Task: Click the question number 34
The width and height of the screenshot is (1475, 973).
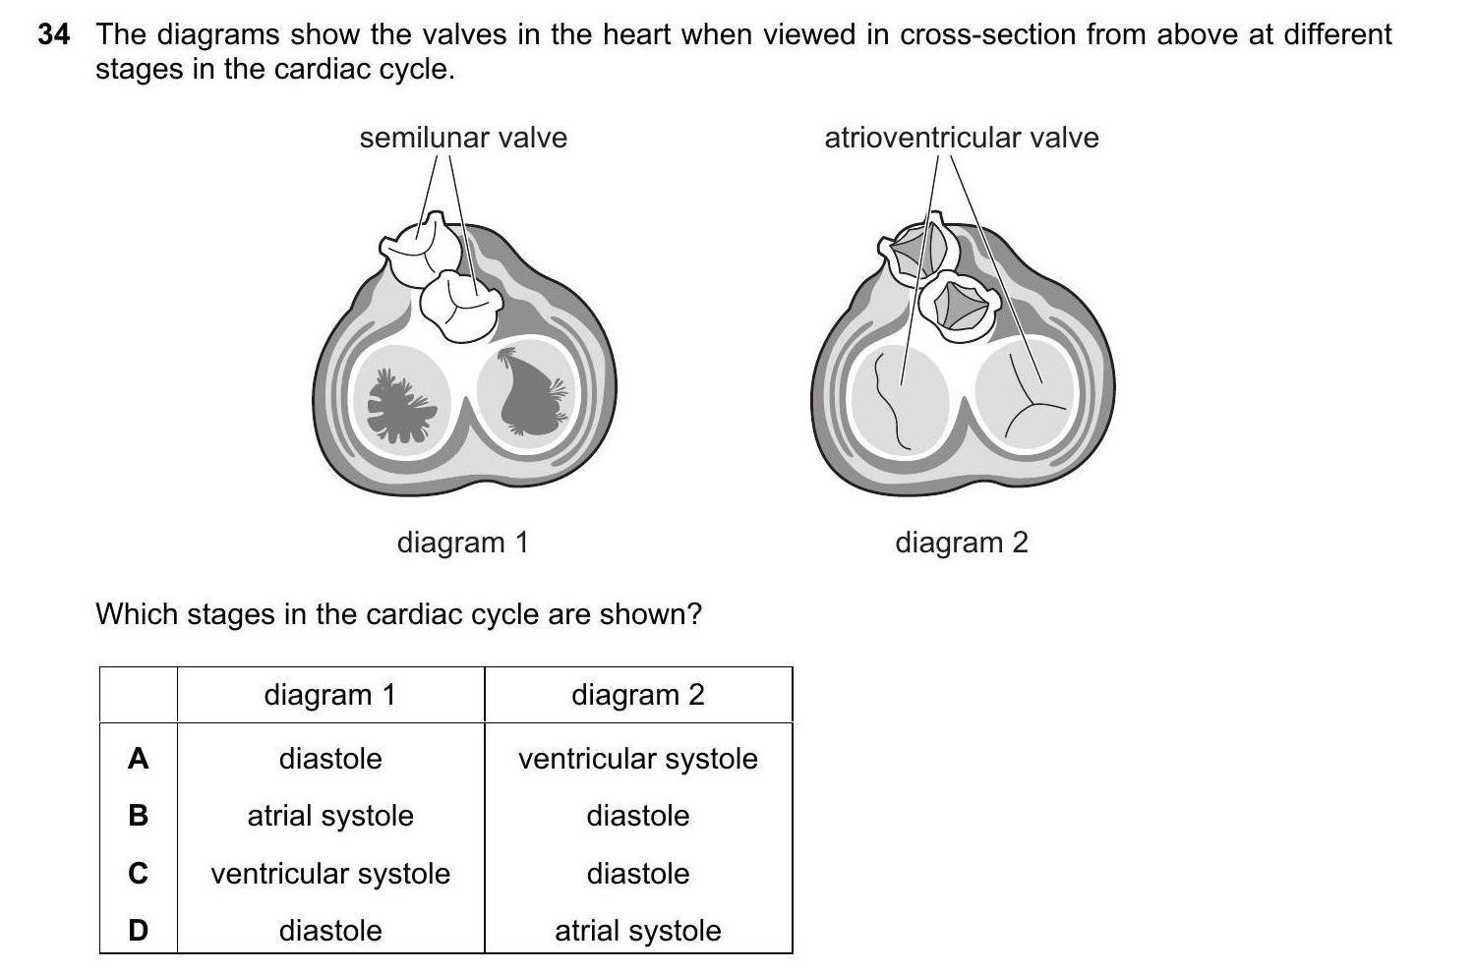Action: (x=54, y=35)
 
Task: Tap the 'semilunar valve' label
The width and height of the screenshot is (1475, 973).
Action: (x=463, y=138)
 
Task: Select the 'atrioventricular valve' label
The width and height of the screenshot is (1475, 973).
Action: (x=961, y=138)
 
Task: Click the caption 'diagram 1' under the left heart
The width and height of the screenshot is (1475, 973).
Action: (x=462, y=543)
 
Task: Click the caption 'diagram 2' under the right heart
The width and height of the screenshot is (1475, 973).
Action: (x=961, y=543)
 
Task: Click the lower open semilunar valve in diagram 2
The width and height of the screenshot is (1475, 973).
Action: (x=960, y=307)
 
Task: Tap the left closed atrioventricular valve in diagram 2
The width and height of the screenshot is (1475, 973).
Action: (x=899, y=398)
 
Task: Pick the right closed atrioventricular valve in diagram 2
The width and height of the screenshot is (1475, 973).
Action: (x=1028, y=398)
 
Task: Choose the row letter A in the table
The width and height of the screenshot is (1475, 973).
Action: (x=139, y=759)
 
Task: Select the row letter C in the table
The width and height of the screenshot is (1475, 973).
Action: (x=139, y=874)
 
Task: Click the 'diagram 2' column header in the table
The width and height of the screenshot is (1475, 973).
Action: (x=638, y=696)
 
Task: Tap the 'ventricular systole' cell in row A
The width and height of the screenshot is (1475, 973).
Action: (x=638, y=759)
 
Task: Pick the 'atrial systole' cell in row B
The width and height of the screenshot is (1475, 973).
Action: (x=330, y=817)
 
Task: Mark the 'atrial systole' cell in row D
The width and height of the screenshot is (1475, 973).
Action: (x=638, y=931)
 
